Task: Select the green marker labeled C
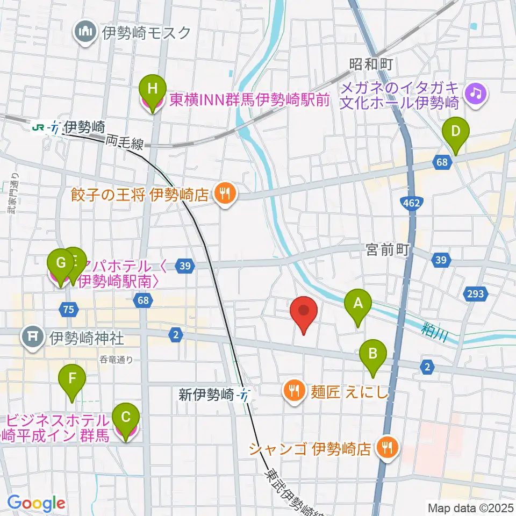point(126,418)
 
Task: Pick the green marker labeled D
point(455,132)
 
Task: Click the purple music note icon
point(476,93)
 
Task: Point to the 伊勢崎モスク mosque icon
point(86,33)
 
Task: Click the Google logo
point(37,503)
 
